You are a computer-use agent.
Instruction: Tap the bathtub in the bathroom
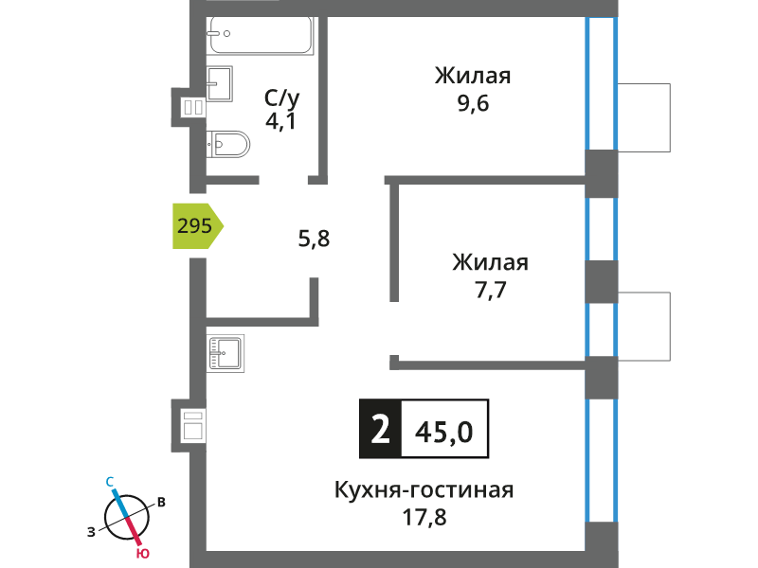(262, 35)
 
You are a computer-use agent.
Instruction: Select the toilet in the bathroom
(228, 144)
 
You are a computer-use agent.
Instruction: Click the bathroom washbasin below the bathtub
(220, 83)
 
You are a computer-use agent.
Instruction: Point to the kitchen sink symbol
(226, 353)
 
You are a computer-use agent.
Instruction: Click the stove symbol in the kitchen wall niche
(193, 425)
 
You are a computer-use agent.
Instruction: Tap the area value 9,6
(473, 104)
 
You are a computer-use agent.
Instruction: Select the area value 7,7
(490, 291)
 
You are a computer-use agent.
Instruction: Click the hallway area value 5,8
(314, 239)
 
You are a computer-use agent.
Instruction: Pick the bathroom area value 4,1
(280, 121)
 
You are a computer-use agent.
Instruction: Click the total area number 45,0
(443, 432)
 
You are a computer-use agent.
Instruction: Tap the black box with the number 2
(380, 429)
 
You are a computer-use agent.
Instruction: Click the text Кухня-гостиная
(424, 489)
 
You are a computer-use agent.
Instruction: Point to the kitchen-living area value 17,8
(424, 517)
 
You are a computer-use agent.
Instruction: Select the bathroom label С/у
(281, 98)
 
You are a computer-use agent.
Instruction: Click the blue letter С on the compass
(110, 482)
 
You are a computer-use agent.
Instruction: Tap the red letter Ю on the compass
(142, 554)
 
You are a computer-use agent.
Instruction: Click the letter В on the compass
(161, 503)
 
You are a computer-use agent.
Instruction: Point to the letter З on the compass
(91, 532)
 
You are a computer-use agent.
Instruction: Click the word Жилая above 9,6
(473, 77)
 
